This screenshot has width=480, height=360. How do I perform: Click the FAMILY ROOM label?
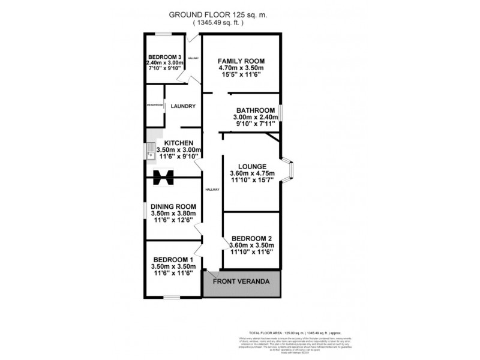click(241, 61)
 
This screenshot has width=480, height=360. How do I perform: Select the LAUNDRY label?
click(182, 106)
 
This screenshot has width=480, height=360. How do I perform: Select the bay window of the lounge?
click(288, 170)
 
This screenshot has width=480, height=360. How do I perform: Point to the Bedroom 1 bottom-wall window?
click(173, 297)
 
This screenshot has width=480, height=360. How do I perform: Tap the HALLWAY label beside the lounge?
click(212, 189)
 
